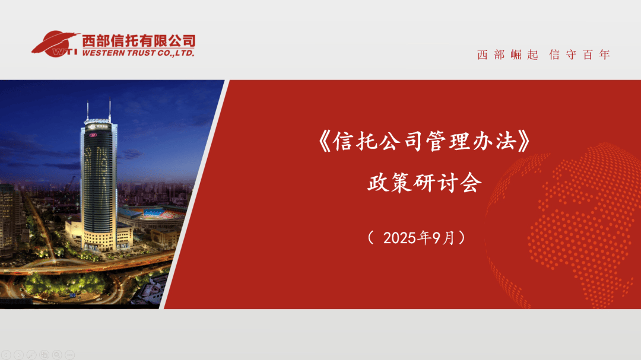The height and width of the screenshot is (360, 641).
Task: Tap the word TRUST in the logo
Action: (141, 53)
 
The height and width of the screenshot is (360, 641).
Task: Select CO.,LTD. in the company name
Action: (177, 53)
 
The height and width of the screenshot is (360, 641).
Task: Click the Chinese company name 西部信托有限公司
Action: (138, 41)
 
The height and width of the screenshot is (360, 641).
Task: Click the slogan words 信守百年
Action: (580, 55)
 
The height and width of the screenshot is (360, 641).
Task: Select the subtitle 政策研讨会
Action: (422, 183)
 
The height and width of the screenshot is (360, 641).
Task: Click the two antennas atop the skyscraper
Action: (99, 110)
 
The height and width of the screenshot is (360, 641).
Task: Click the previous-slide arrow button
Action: (7, 355)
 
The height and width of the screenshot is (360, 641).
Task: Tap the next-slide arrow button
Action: (18, 355)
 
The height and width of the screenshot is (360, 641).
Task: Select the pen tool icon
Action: (31, 355)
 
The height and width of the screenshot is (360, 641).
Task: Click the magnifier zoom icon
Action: (57, 355)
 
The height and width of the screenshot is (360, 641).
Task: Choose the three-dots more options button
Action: (70, 355)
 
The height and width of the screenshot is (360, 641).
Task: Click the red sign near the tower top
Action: (93, 135)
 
